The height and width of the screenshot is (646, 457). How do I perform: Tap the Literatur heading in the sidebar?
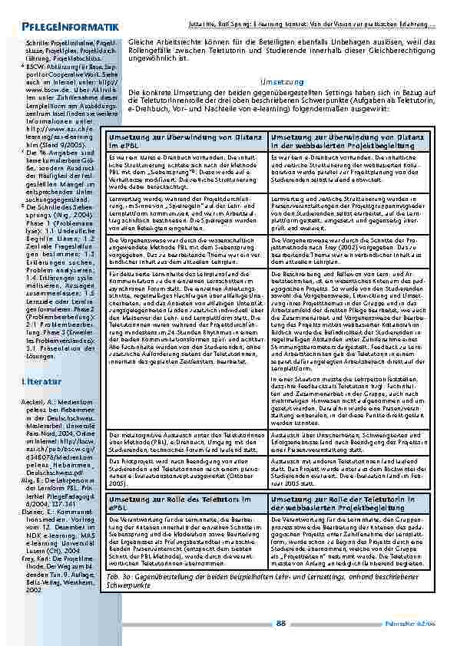[38, 380]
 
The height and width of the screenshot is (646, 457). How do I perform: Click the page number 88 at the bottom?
[281, 623]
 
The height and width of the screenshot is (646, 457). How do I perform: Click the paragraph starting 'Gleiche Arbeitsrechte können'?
[283, 49]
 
